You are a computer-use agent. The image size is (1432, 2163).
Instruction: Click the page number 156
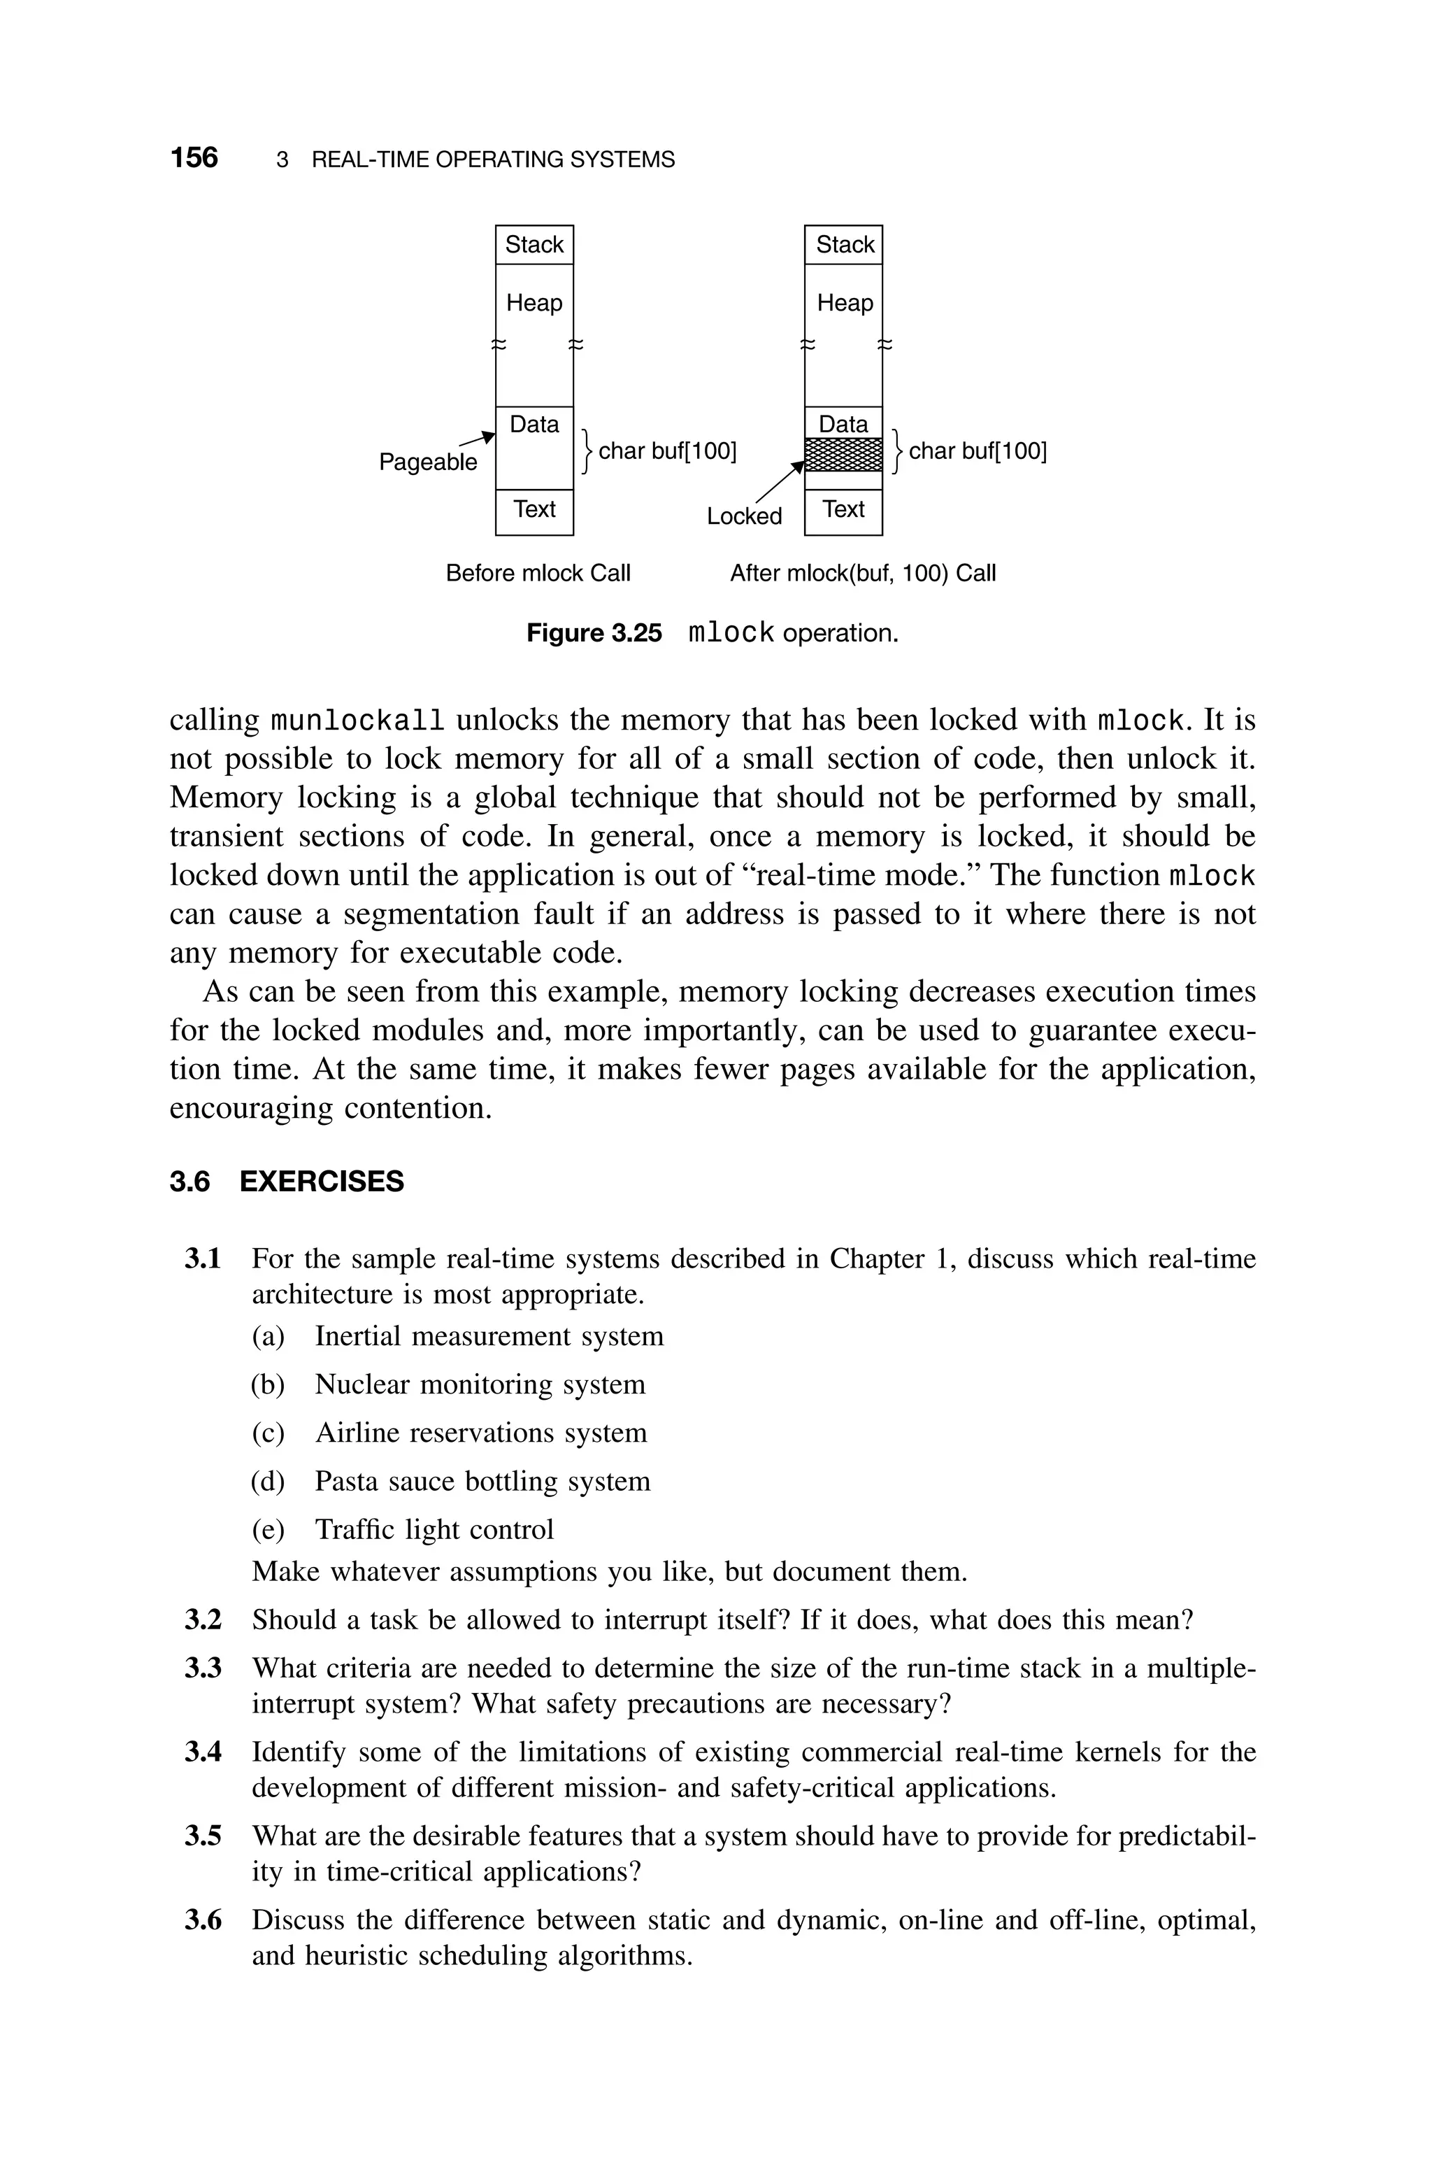click(194, 157)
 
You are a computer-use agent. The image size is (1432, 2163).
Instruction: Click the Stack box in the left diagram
click(534, 245)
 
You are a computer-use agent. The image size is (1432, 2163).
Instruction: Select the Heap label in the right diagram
click(845, 302)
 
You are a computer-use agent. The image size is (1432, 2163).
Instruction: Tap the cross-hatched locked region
click(843, 454)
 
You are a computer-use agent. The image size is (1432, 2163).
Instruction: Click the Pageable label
click(427, 462)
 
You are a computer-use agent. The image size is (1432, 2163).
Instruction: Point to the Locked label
click(744, 516)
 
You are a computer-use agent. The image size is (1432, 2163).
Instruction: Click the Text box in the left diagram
click(534, 511)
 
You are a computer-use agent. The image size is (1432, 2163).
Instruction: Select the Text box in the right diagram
click(843, 511)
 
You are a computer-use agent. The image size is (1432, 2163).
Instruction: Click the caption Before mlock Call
click(538, 573)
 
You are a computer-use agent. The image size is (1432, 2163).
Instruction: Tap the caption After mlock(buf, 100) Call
click(862, 573)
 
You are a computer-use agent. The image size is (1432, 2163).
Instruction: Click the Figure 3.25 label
click(594, 633)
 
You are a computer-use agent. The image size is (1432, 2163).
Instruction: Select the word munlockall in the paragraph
click(358, 721)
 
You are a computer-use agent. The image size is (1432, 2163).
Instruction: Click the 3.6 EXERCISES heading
click(287, 1181)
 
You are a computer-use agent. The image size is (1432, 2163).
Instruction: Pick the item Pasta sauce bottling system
click(482, 1481)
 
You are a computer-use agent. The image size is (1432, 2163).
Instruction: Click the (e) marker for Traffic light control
click(268, 1529)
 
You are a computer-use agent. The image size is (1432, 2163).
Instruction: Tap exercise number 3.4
click(203, 1752)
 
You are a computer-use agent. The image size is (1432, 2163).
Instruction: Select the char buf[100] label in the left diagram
click(666, 451)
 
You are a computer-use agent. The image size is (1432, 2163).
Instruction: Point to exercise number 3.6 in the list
click(203, 1920)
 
